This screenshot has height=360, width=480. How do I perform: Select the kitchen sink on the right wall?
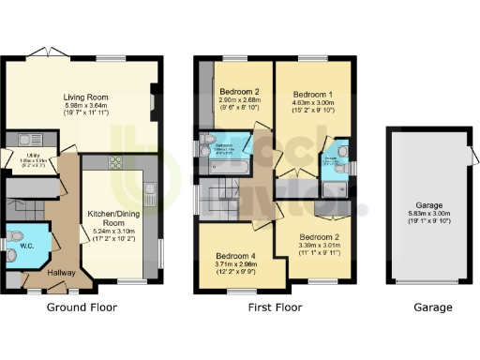(150, 193)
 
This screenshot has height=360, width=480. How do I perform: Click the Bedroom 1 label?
(313, 95)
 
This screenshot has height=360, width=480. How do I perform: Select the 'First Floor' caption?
(272, 307)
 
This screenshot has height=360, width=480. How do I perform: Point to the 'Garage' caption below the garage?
(432, 307)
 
